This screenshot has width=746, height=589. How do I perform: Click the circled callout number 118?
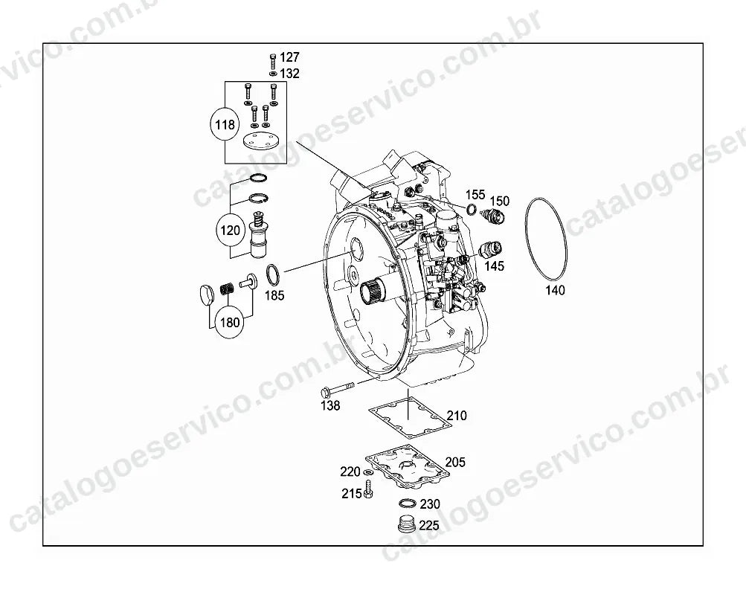pyautogui.click(x=225, y=125)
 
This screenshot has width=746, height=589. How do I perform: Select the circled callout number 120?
pyautogui.click(x=231, y=231)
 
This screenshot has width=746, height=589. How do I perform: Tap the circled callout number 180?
pyautogui.click(x=230, y=323)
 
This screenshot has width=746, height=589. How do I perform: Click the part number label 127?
pyautogui.click(x=289, y=57)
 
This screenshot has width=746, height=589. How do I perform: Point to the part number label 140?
pyautogui.click(x=555, y=290)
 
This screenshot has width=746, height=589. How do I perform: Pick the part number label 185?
pyautogui.click(x=274, y=295)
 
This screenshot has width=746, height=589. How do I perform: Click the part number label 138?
pyautogui.click(x=330, y=405)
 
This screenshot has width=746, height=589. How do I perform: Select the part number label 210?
pyautogui.click(x=457, y=415)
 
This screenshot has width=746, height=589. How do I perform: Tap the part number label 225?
pyautogui.click(x=429, y=526)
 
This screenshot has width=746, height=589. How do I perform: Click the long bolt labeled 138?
pyautogui.click(x=338, y=388)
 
